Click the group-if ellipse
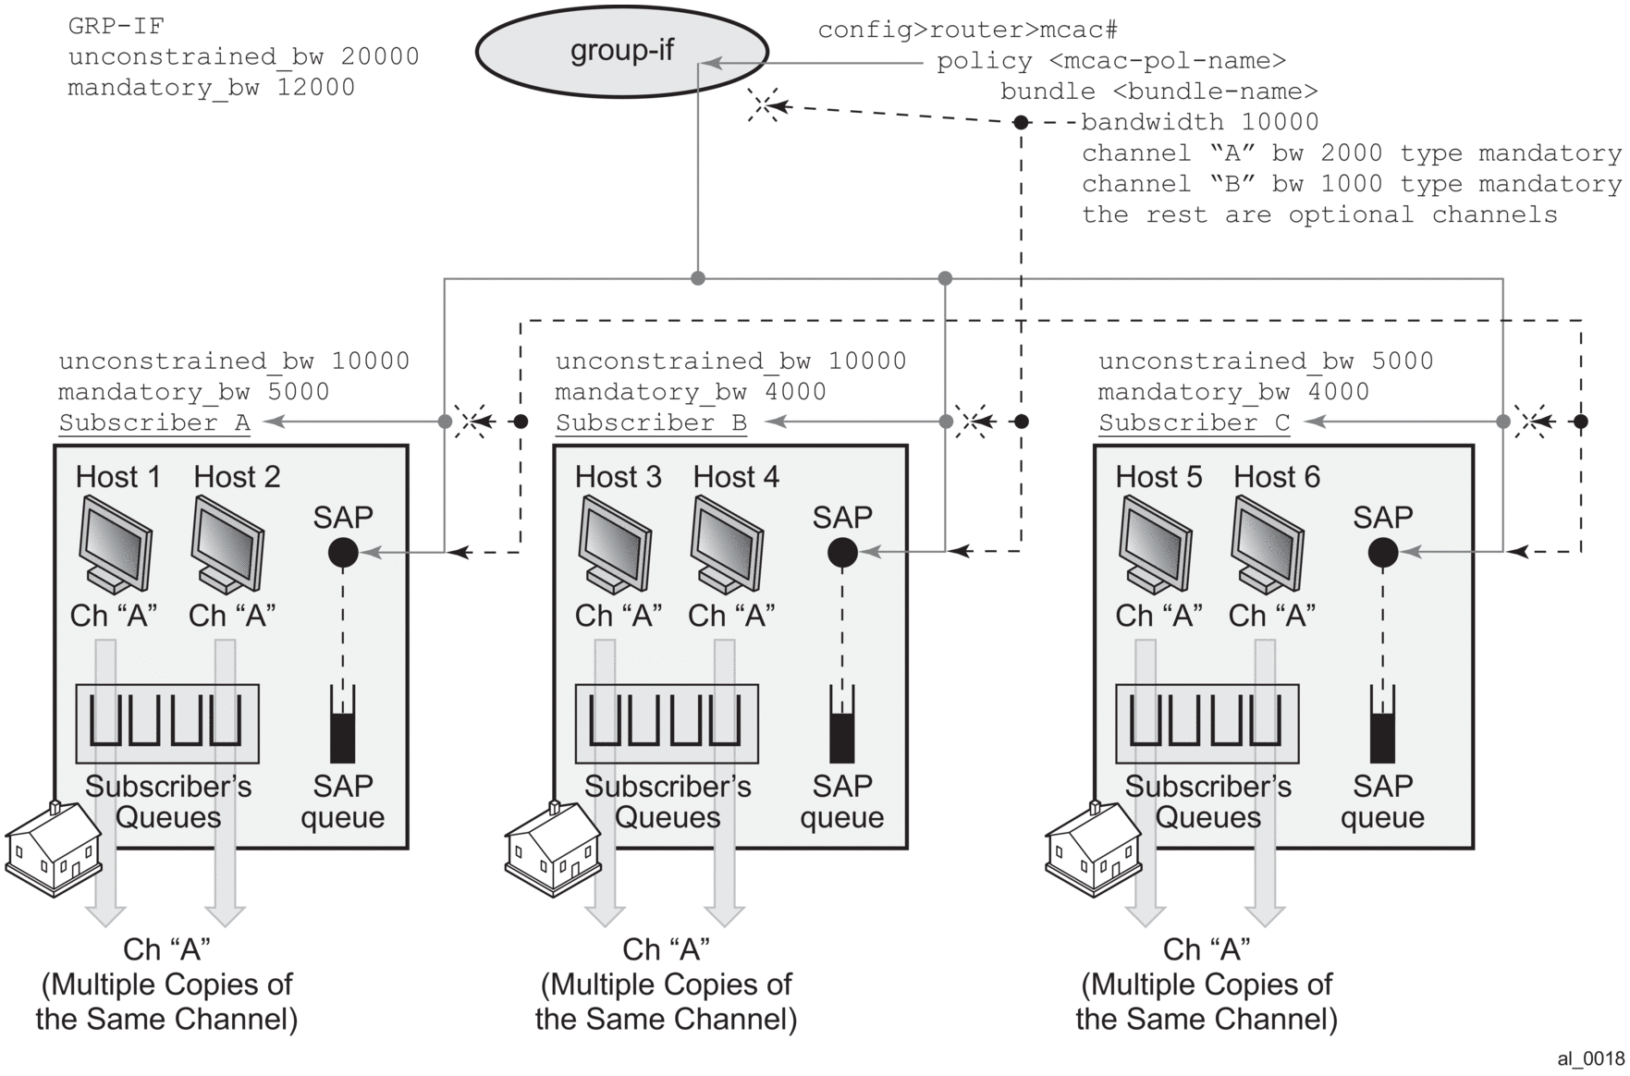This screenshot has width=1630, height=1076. click(621, 51)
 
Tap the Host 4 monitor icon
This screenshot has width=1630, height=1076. click(728, 544)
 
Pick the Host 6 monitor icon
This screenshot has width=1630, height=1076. click(1268, 544)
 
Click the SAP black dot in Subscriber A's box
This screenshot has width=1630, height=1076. click(343, 553)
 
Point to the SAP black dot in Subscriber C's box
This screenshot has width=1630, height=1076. click(1383, 553)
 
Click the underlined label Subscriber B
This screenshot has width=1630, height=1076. click(651, 423)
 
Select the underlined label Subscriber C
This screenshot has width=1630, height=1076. click(1194, 423)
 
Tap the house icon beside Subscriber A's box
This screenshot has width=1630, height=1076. click(54, 848)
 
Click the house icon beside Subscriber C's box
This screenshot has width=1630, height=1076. click(1093, 848)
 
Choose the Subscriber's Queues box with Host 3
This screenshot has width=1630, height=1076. click(667, 724)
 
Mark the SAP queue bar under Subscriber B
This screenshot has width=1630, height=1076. click(842, 726)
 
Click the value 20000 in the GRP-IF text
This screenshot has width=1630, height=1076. click(380, 56)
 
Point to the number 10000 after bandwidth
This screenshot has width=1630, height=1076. click(1280, 122)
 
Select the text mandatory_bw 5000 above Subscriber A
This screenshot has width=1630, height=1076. click(194, 392)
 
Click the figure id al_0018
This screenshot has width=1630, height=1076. click(1590, 1059)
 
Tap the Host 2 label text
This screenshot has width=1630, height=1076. click(237, 477)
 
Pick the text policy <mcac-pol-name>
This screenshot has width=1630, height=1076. click(1111, 61)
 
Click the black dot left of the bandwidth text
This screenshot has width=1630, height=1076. click(1021, 122)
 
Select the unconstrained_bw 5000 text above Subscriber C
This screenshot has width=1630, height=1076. click(1266, 361)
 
